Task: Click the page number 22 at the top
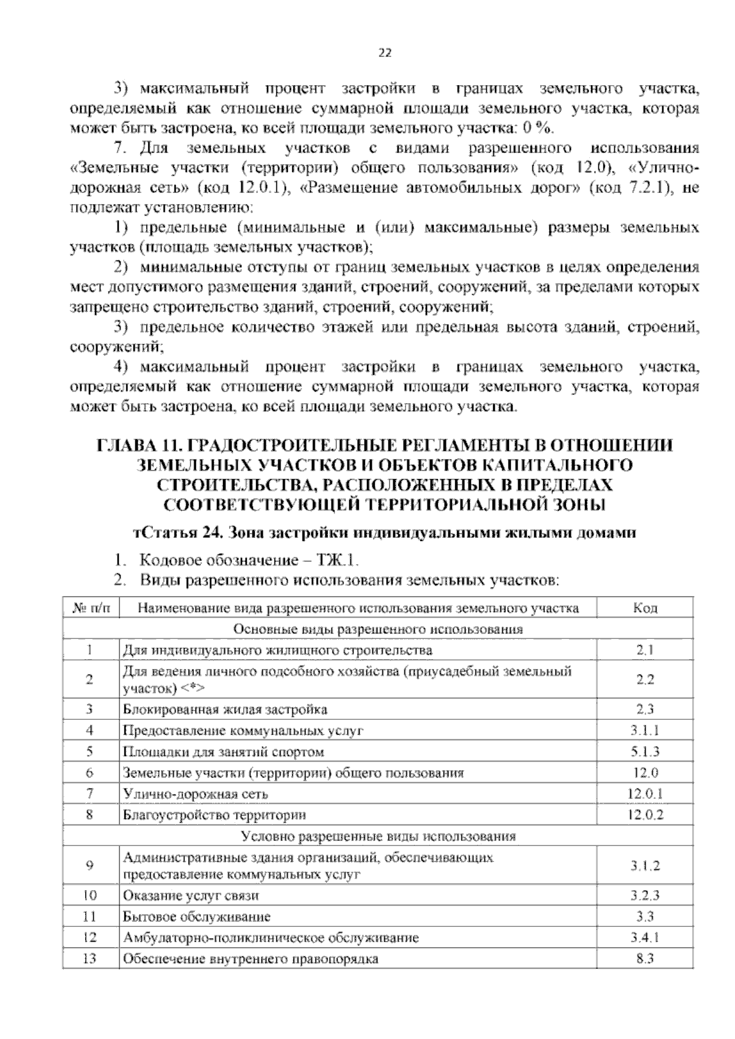coord(384,53)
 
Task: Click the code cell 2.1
coord(645,650)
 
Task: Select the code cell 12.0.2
coord(645,815)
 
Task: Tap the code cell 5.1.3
coord(645,752)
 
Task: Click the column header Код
coord(645,608)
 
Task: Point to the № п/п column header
coord(90,608)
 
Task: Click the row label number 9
coord(90,866)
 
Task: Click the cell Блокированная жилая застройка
coord(225,709)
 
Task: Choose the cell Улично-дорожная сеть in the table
coord(195,794)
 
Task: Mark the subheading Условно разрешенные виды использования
coord(378,836)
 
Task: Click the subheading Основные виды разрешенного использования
coord(378,629)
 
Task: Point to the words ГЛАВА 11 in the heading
coord(130,445)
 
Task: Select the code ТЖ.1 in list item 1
coord(336,560)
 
